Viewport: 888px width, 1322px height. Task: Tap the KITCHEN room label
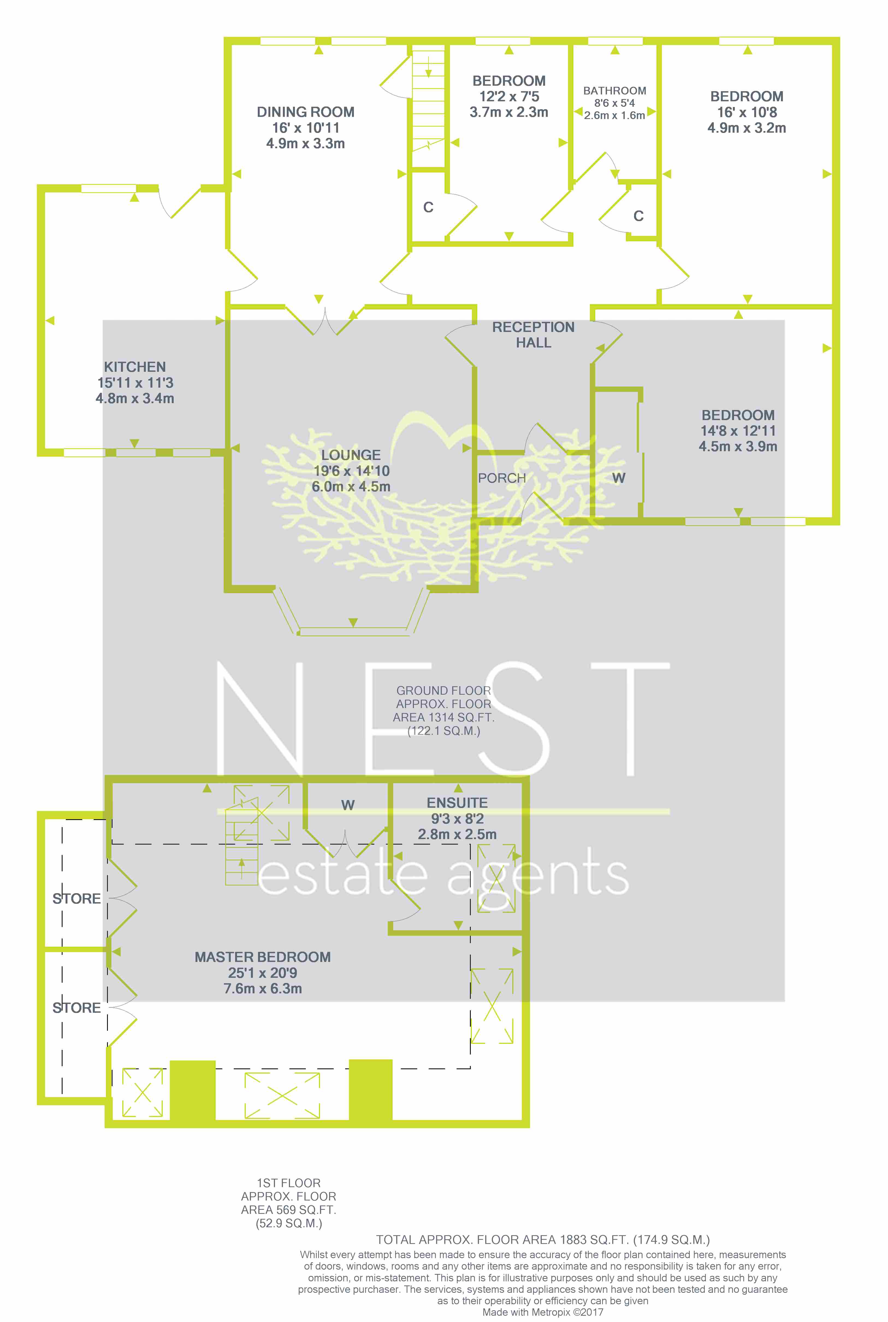point(135,367)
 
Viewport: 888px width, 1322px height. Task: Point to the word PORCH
point(502,479)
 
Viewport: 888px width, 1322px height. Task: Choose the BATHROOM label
point(614,91)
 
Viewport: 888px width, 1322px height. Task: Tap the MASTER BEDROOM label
point(263,957)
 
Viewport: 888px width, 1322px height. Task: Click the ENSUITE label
point(457,803)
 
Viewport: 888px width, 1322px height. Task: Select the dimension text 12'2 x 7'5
point(509,97)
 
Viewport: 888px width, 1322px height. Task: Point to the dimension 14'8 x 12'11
point(738,431)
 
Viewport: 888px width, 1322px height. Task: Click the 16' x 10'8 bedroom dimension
point(747,112)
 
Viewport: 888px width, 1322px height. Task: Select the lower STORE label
point(76,1008)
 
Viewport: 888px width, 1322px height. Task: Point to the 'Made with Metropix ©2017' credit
point(543,1312)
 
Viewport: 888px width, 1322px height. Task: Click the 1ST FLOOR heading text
point(289,1183)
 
